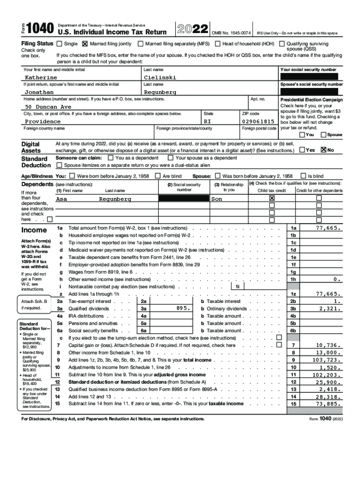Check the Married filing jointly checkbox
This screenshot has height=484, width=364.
tap(85, 44)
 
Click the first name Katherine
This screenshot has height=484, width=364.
tap(41, 77)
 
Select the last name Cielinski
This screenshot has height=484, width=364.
tap(160, 77)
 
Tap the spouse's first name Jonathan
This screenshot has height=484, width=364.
tap(39, 92)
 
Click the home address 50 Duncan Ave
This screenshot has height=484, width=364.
tap(48, 107)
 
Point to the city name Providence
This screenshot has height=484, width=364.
tap(43, 121)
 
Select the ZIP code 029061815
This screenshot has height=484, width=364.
tap(258, 121)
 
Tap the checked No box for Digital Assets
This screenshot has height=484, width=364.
tap(324, 150)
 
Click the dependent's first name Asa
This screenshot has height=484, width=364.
tap(61, 199)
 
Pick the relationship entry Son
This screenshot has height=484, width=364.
tap(217, 199)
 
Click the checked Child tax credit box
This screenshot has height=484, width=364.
tap(272, 199)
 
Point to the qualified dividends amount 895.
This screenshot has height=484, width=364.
tap(182, 308)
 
